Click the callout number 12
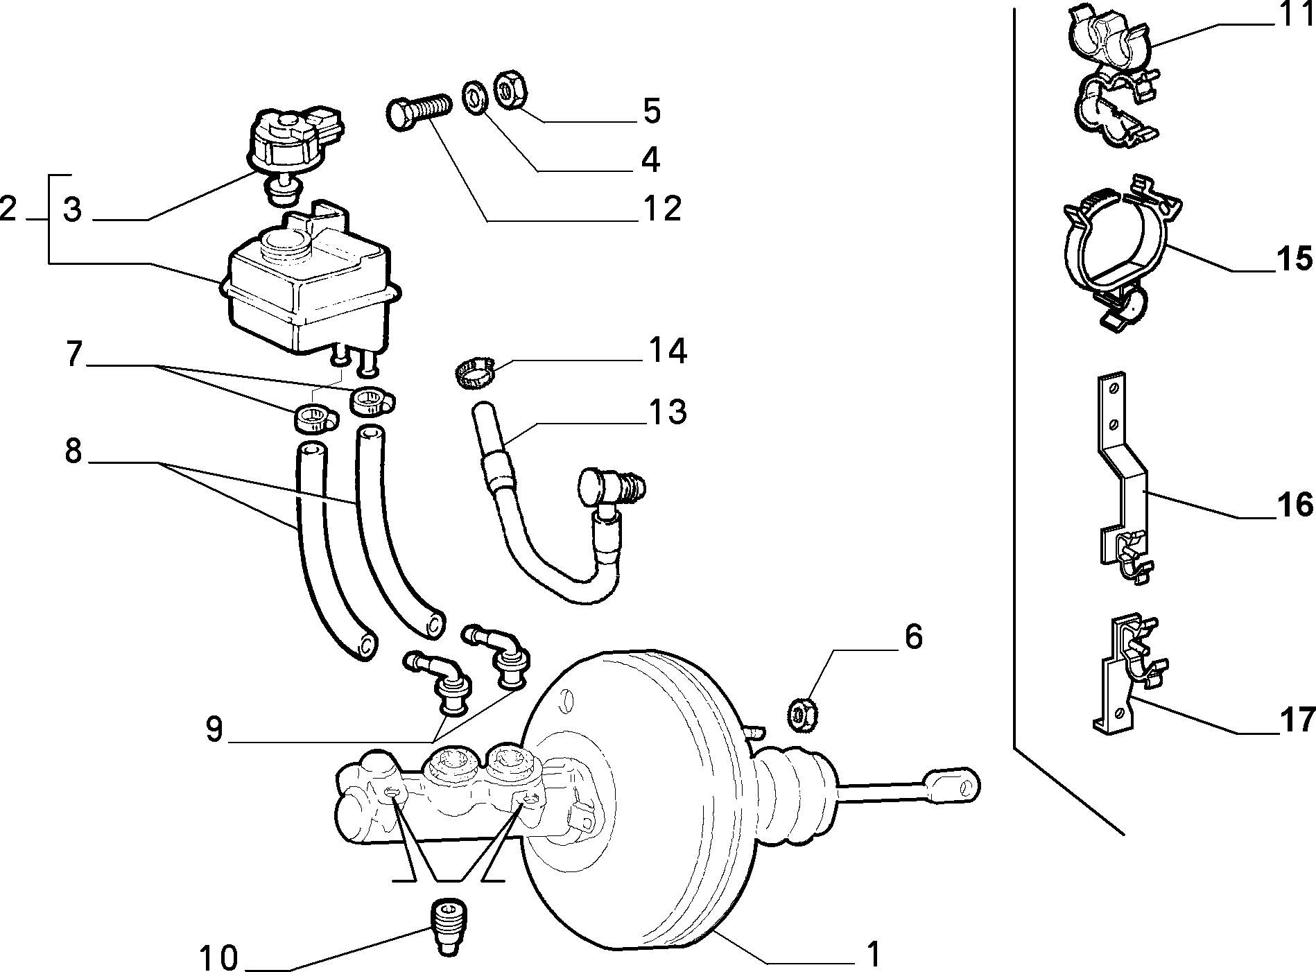point(661,209)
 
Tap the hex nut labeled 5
point(511,88)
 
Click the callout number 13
point(667,412)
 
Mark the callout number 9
point(214,729)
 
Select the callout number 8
point(73,451)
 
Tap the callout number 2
point(8,208)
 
